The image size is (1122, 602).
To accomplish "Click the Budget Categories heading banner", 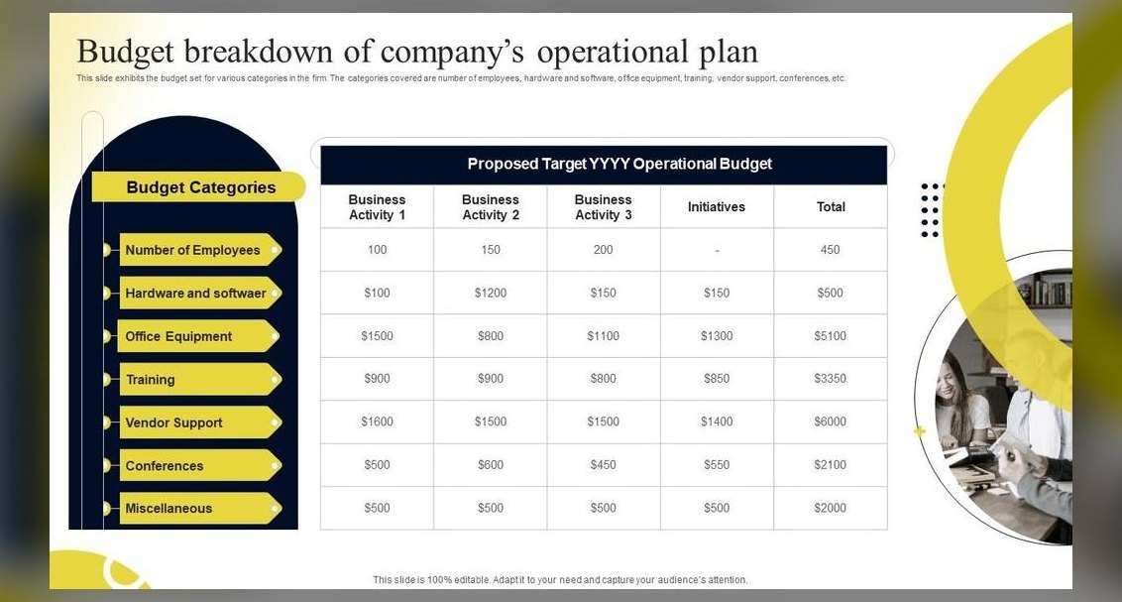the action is coord(198,186).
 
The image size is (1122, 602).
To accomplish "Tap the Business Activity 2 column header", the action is coord(491,207).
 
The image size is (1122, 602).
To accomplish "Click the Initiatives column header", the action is coord(717,207).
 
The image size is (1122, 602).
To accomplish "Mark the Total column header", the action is coord(831,207).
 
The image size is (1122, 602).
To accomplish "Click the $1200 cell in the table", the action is coord(491,293).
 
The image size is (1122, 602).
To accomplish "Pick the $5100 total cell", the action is coord(830,336).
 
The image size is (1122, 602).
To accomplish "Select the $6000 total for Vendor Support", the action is coord(830,421).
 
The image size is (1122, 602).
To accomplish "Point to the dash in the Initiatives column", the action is coord(717,251).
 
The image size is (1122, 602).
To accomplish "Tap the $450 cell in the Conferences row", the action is coord(604,464).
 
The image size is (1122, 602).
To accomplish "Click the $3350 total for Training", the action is coord(830,379).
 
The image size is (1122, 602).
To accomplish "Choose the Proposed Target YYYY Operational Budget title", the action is coord(619,164).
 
